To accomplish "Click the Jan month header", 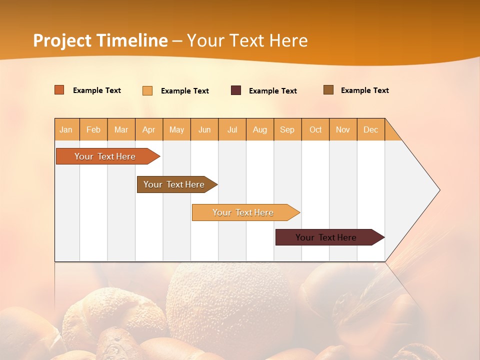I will [66, 129].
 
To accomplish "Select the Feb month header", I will [93, 129].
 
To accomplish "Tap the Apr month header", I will [149, 129].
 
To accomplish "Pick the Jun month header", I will [204, 129].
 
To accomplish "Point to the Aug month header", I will [260, 129].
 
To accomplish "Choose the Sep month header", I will [287, 129].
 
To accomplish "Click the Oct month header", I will [315, 129].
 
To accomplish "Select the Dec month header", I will [371, 129].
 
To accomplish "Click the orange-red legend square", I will [59, 90].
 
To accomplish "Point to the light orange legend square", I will [147, 90].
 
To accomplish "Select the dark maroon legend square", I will [236, 90].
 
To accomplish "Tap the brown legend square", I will [328, 90].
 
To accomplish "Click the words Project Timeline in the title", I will [100, 40].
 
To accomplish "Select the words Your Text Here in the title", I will [247, 40].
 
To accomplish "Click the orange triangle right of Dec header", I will [391, 133].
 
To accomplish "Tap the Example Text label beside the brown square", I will [364, 90].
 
